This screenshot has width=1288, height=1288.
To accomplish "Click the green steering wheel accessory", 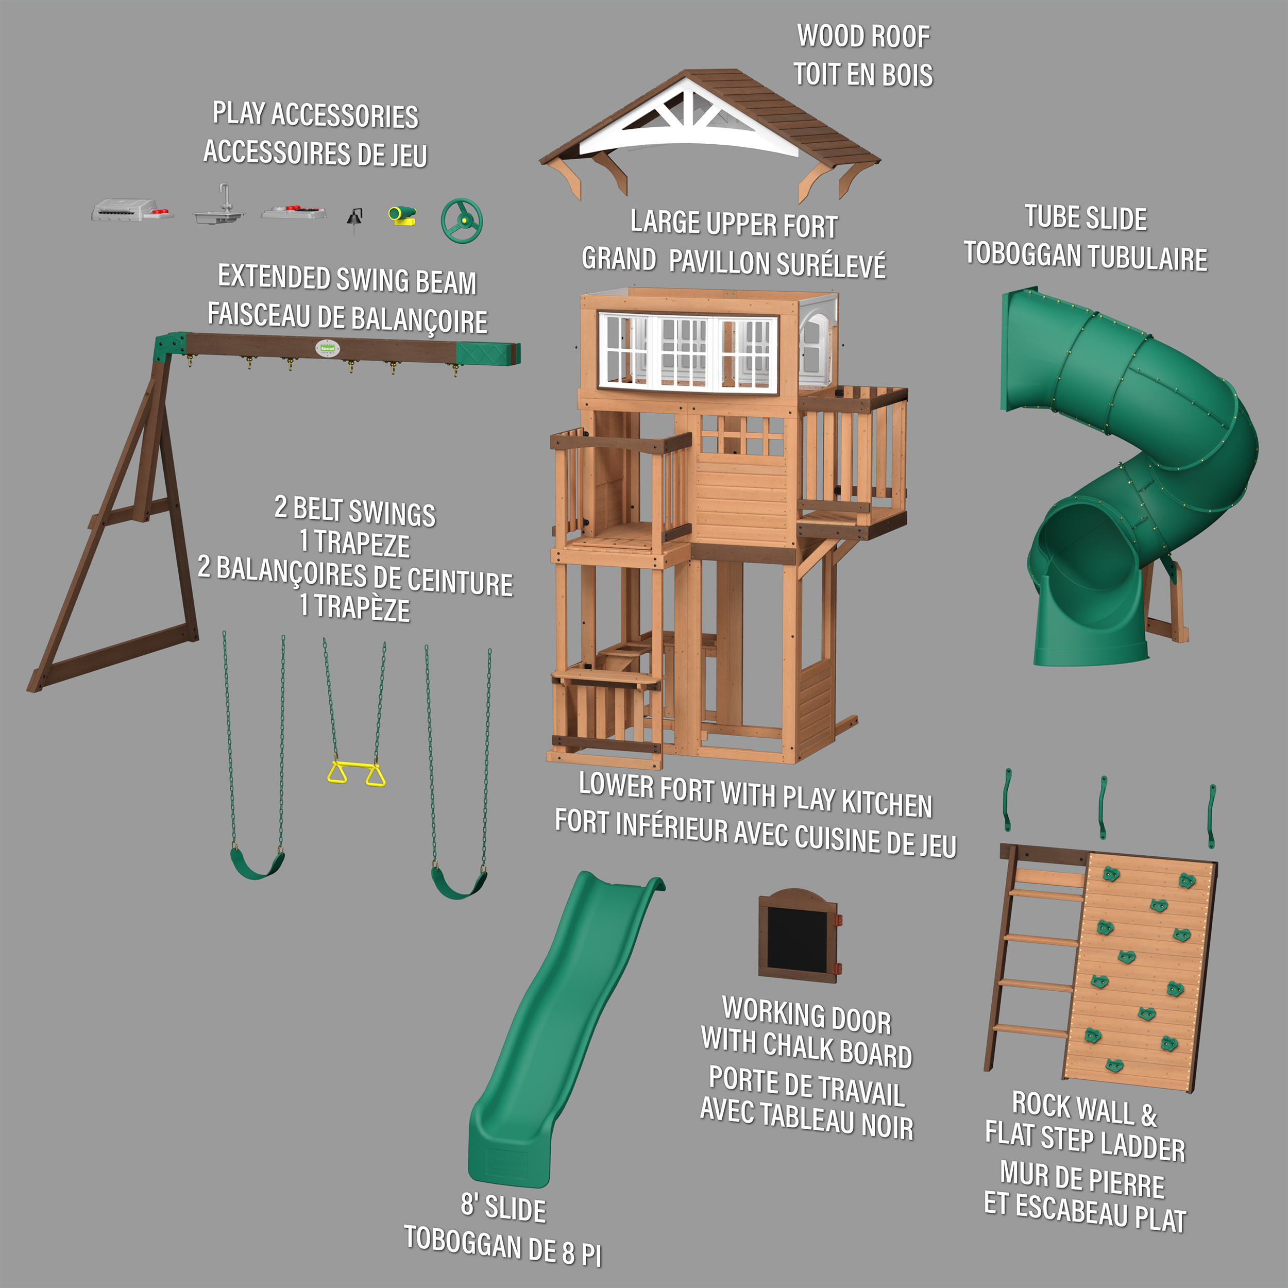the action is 461,220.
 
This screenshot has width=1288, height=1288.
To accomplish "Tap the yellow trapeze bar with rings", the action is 356,772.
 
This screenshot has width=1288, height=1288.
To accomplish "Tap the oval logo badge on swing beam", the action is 327,348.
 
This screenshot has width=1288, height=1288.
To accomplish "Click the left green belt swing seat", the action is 257,864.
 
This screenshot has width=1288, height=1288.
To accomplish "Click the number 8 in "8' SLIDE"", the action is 468,1205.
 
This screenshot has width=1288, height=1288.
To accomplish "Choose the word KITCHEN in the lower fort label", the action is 887,803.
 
